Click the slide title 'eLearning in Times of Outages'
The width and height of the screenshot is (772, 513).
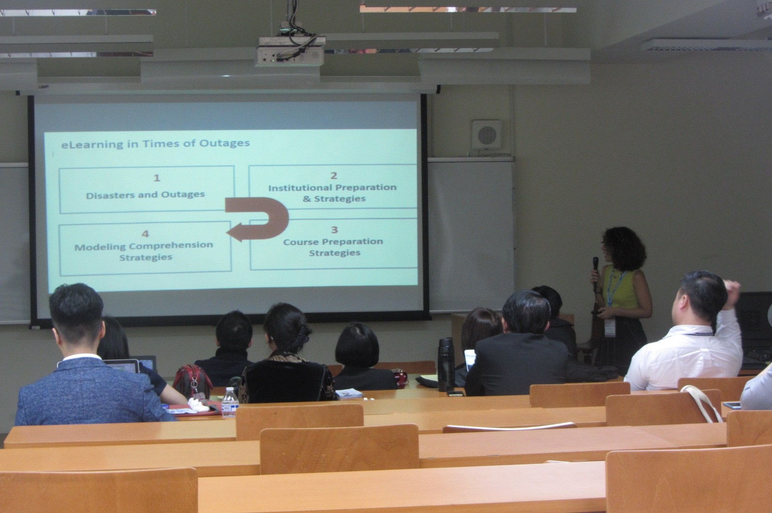tap(155, 144)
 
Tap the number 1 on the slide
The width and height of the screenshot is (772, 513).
tap(157, 178)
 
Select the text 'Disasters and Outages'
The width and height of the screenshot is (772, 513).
tap(145, 195)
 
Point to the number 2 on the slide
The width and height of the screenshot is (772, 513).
tap(333, 175)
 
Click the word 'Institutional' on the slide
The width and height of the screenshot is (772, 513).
tap(300, 188)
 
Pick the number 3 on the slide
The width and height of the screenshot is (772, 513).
tap(334, 229)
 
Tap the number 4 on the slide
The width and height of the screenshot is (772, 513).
tap(145, 234)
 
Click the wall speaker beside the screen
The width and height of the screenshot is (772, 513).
tap(487, 135)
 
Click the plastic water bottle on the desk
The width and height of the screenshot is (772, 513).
tap(230, 402)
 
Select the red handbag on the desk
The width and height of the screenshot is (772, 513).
tap(192, 381)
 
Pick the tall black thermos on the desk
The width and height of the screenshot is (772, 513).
tap(446, 364)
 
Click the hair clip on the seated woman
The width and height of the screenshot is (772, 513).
tap(302, 335)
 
